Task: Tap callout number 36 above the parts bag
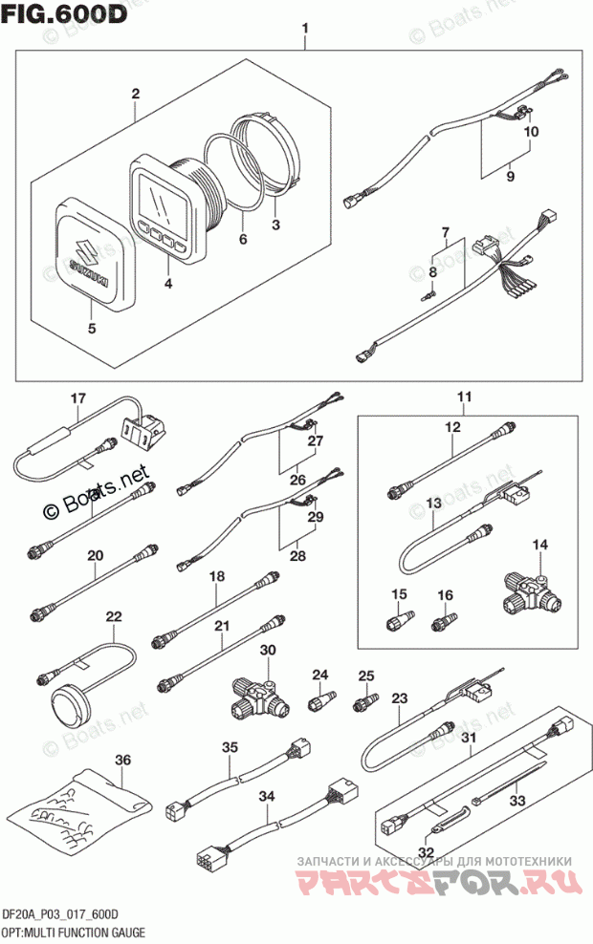[121, 760]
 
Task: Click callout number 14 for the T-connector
[540, 546]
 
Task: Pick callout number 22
[114, 617]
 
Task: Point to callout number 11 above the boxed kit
[464, 397]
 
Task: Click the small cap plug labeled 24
[318, 705]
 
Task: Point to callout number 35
[229, 748]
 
